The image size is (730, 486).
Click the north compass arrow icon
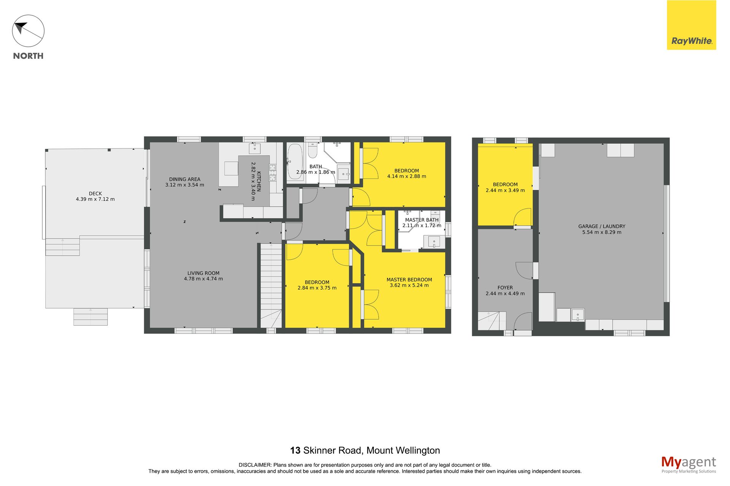pos(28,31)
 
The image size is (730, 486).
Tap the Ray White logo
pos(691,25)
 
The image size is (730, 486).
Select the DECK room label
pos(95,194)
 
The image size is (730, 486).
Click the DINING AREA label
pos(185,179)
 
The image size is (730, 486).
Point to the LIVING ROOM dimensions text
pos(203,279)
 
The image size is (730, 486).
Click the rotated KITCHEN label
pos(259,181)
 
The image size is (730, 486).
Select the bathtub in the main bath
pos(295,163)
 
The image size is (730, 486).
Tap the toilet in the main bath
pos(313,150)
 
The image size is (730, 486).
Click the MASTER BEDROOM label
pos(409,280)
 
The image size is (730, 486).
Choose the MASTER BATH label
pos(422,220)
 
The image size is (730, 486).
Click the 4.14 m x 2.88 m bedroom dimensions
pos(406,176)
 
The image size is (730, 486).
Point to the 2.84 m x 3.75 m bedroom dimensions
pos(317,288)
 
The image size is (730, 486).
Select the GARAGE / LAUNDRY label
pos(601,226)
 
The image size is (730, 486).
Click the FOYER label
pos(505,288)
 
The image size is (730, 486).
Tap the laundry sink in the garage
pos(577,315)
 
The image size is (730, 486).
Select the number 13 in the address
pos(295,451)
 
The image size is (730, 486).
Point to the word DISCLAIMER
pos(255,465)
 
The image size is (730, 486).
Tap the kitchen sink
pos(255,148)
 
